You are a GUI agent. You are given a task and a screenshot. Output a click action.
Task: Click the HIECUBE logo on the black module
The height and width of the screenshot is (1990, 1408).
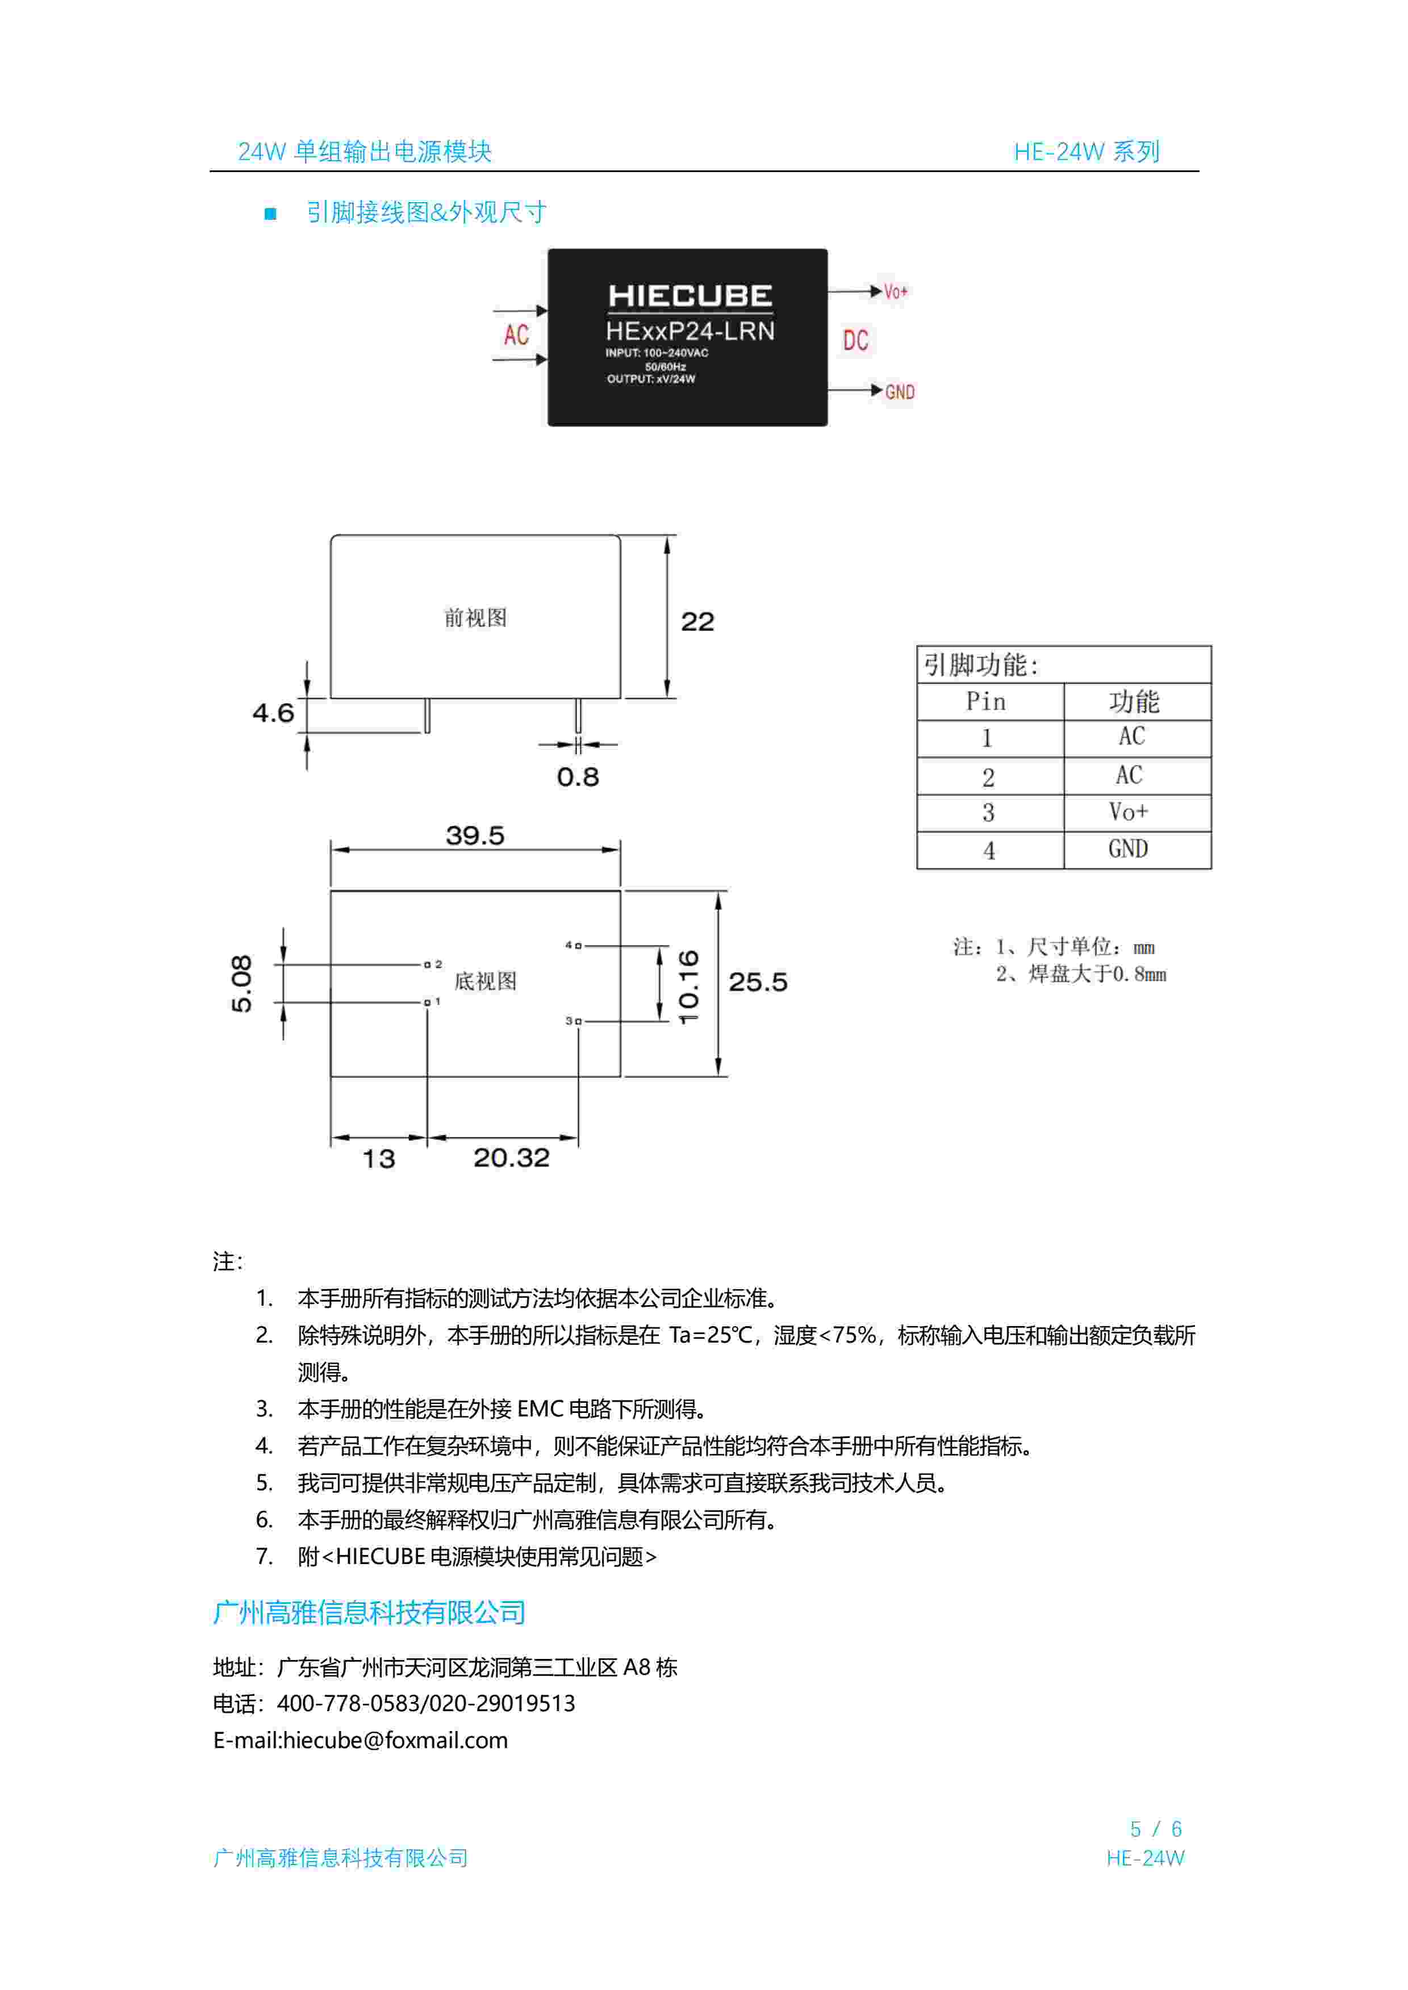(690, 296)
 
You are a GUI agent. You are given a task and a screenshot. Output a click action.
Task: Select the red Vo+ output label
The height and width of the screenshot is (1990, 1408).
(896, 292)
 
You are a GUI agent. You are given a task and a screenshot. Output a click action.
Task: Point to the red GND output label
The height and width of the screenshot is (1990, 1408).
(899, 392)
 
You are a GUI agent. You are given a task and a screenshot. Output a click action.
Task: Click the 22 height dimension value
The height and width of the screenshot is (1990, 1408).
(697, 621)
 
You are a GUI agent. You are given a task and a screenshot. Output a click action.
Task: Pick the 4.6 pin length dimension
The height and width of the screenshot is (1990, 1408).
(273, 713)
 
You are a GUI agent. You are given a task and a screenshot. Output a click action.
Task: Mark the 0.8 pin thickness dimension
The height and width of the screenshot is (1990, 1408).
(578, 776)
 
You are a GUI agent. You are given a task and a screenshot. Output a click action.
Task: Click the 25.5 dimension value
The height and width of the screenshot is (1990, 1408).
(758, 982)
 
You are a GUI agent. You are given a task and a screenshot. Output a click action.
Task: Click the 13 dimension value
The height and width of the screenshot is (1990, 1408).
(378, 1159)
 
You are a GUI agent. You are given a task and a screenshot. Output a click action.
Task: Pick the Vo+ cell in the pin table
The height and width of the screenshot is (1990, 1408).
(1128, 812)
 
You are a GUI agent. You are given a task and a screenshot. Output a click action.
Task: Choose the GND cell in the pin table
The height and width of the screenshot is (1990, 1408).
(1128, 850)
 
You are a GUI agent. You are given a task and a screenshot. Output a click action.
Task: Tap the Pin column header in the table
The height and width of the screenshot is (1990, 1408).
(986, 701)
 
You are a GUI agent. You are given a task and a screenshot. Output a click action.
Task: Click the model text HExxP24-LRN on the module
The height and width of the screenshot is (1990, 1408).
(690, 331)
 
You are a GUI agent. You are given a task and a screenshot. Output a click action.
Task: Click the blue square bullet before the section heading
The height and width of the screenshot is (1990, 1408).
(270, 213)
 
